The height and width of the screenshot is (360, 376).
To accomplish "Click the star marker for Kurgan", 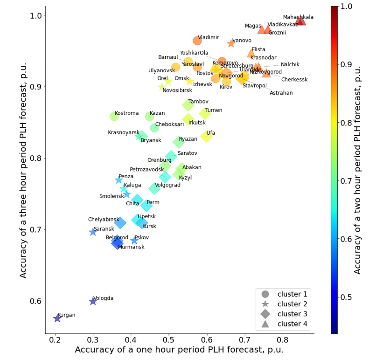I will tap(57, 318).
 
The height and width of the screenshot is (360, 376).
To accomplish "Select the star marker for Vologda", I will tap(93, 302).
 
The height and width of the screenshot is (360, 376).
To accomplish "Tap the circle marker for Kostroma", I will tap(114, 117).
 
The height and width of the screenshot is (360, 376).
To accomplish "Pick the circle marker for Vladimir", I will tap(197, 41).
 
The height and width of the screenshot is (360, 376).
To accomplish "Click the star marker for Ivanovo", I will tap(231, 43).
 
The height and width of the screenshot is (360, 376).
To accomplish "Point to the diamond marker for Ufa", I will tap(206, 136).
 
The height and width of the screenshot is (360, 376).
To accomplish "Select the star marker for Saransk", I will tap(93, 232).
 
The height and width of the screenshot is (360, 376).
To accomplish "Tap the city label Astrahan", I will tap(281, 93).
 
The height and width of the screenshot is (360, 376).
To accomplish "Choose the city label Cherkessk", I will tap(294, 80).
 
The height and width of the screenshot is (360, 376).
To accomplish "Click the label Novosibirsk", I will tap(177, 90).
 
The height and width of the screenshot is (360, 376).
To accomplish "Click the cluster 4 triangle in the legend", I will tap(265, 324).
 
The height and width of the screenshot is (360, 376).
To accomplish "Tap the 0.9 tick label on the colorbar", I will tap(359, 64).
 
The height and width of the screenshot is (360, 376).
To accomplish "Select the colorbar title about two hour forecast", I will tap(358, 170).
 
